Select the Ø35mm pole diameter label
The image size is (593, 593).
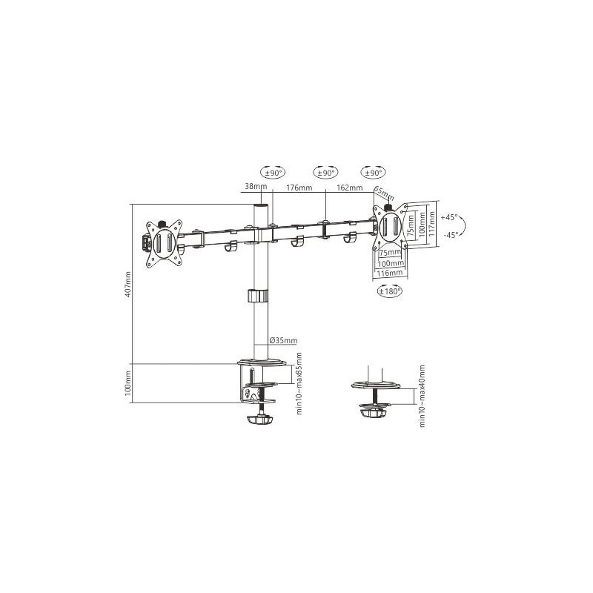coord(283,340)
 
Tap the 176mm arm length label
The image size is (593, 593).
coord(299,188)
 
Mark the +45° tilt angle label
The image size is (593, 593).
coord(449,218)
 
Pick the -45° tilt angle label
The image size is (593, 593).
coord(449,234)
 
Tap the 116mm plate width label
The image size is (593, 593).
coord(390,274)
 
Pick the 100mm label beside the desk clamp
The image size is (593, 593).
coord(127,383)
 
